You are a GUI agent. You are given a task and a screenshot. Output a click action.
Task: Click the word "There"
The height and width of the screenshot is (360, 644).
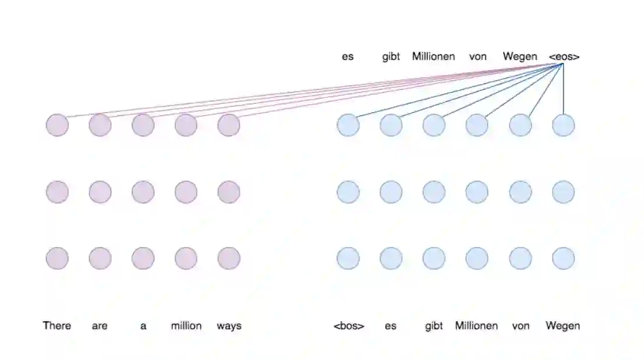[x=57, y=326]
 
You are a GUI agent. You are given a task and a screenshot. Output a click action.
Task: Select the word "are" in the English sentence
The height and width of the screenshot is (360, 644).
[x=100, y=326]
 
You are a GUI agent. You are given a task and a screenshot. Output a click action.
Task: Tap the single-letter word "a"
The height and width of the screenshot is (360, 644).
[x=143, y=326]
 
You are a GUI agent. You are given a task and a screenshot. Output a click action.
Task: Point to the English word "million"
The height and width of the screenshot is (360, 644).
[x=186, y=326]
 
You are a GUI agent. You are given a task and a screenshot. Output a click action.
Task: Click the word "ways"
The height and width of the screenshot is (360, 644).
[x=229, y=326]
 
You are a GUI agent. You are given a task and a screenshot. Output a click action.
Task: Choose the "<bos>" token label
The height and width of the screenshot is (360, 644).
[x=349, y=326]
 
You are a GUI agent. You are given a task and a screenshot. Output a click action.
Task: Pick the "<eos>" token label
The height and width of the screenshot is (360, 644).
[x=564, y=57]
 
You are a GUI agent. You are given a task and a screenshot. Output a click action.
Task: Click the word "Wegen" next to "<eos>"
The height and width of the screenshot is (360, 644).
[x=520, y=57]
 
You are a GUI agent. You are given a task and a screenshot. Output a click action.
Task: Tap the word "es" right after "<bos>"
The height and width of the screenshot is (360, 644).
[x=391, y=326]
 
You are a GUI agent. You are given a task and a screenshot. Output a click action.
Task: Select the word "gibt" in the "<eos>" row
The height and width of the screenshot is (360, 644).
[x=391, y=57]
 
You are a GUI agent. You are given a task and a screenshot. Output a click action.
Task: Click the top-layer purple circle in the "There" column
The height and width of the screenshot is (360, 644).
[x=57, y=125]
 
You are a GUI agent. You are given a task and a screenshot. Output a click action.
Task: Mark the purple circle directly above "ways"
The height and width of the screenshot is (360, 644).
[x=229, y=258]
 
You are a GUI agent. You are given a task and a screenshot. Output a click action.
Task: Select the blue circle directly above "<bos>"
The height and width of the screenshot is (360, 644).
[x=348, y=258]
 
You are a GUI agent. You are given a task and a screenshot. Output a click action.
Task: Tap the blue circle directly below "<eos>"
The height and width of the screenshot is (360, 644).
[x=563, y=125]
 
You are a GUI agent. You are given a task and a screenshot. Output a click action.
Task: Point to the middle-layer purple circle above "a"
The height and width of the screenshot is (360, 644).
[x=143, y=192]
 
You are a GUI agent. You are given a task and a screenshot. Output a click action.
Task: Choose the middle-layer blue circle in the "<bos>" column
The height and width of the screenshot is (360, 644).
[x=348, y=192]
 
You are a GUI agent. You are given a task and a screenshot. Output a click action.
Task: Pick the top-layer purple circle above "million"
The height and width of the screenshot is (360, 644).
[x=186, y=125]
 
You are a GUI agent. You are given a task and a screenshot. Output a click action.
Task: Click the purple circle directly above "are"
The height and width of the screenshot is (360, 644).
[x=100, y=258]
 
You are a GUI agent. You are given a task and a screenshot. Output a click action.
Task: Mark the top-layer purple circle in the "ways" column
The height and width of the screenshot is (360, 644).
[x=229, y=125]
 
